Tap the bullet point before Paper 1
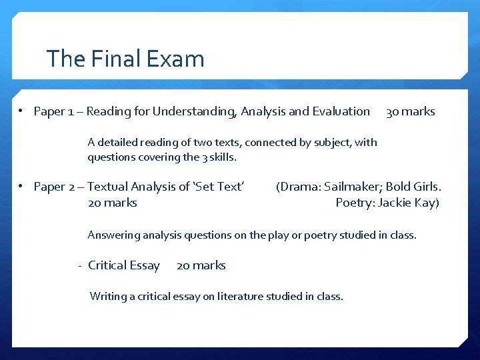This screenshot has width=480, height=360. tap(22, 111)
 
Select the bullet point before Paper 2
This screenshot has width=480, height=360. tap(22, 187)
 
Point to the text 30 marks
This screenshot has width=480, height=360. tap(410, 111)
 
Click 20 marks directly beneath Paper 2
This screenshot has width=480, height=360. tap(112, 203)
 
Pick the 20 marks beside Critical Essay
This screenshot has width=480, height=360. tap(201, 265)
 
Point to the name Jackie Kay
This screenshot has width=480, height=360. tap(408, 203)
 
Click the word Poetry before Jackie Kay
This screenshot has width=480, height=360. tap(354, 203)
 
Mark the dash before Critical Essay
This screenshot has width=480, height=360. tap(79, 265)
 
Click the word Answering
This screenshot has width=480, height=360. tap(113, 235)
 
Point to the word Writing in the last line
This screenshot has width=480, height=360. tap(108, 296)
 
